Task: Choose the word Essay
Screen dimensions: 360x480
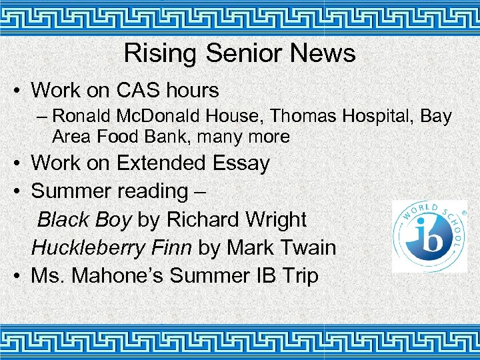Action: (x=241, y=163)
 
